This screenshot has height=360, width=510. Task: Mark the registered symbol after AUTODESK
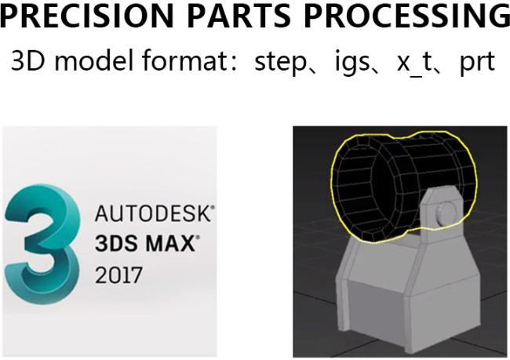[x=212, y=209]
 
